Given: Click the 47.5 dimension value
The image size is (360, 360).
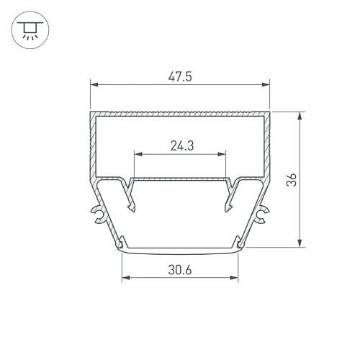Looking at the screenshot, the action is [x=180, y=77].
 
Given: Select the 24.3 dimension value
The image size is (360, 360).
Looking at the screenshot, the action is [x=182, y=146].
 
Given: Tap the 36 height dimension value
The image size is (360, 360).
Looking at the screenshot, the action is [x=292, y=179].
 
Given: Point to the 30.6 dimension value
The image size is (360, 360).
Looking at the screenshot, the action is [x=180, y=270].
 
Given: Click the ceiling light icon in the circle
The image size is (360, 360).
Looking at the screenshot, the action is [x=30, y=30].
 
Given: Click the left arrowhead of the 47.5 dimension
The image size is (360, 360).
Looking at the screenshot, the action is [x=94, y=84].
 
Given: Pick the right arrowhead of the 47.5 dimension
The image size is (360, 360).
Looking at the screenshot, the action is [x=266, y=84].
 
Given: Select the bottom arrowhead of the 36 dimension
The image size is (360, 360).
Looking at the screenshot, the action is [x=300, y=243].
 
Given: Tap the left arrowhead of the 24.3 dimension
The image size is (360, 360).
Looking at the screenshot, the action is [x=138, y=154].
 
